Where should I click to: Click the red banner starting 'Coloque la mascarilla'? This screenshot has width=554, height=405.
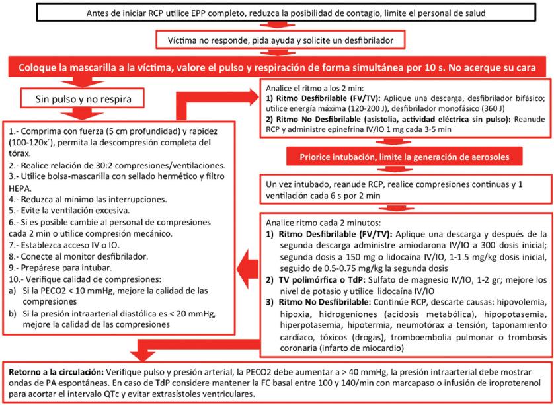[x=276, y=68]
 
